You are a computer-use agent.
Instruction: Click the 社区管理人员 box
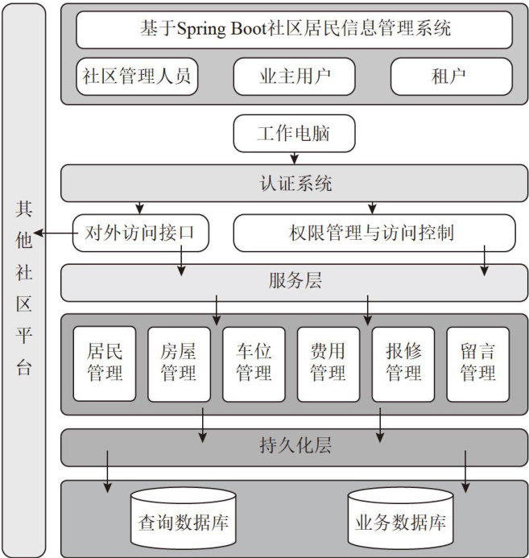tap(137, 77)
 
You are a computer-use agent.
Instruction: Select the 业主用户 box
tap(294, 77)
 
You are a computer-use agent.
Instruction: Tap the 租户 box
tap(451, 77)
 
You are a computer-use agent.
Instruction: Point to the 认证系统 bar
tap(294, 184)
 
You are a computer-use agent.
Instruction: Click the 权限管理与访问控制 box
tap(373, 234)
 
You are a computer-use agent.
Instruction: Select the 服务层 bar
tap(294, 283)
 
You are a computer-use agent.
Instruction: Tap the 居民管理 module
tap(105, 363)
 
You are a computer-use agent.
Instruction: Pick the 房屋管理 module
tap(179, 363)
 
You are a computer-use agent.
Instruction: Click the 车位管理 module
tap(254, 363)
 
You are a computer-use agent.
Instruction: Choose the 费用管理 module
tap(328, 363)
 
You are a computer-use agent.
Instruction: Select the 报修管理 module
tap(403, 363)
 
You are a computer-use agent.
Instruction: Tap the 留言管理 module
tap(477, 363)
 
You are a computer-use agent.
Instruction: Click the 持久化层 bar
tap(294, 444)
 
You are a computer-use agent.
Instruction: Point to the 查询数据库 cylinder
tap(183, 520)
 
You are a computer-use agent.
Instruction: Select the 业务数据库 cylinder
tap(400, 520)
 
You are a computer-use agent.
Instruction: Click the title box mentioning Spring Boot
tap(294, 30)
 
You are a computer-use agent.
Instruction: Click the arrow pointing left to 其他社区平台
tap(53, 234)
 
